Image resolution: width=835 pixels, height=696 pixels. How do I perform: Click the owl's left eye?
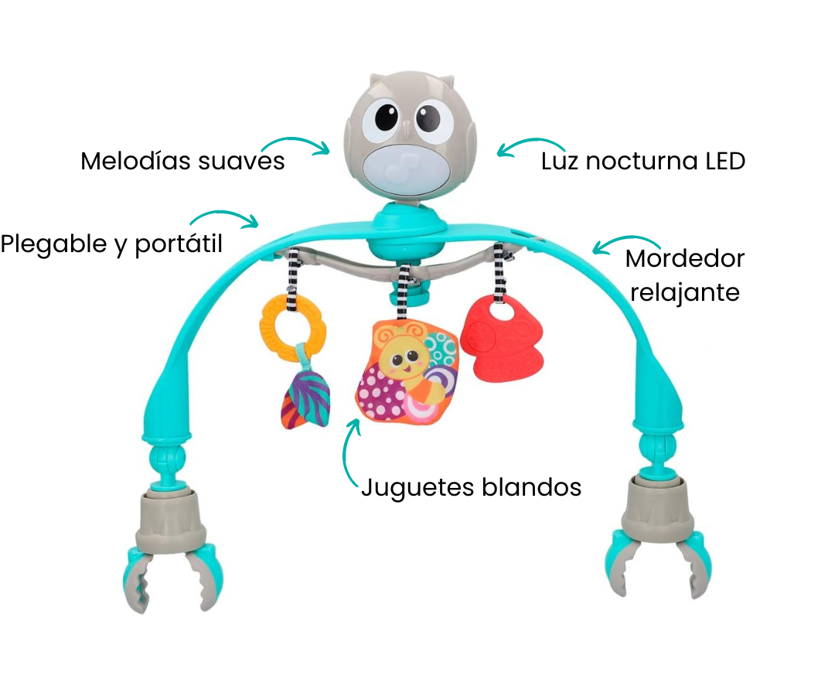[x=387, y=119]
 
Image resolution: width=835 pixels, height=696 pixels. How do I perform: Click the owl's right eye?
[x=434, y=119]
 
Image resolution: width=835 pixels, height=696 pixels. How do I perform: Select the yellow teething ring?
[x=293, y=324]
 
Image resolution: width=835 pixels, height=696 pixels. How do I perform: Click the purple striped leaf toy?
[x=305, y=397]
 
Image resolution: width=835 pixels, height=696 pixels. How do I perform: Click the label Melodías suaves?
[x=182, y=162]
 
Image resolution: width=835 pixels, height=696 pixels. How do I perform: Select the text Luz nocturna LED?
[x=642, y=162]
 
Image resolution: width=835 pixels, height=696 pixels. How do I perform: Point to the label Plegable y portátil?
[x=111, y=244]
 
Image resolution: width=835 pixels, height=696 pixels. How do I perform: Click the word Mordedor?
[x=684, y=258]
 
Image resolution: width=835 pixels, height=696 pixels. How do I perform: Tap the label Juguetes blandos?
[x=471, y=487]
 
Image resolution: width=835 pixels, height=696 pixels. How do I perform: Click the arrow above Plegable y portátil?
[x=224, y=217]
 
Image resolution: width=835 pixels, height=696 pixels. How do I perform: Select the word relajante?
[x=684, y=293]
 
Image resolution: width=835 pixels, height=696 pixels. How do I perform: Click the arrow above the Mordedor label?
[x=625, y=242]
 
